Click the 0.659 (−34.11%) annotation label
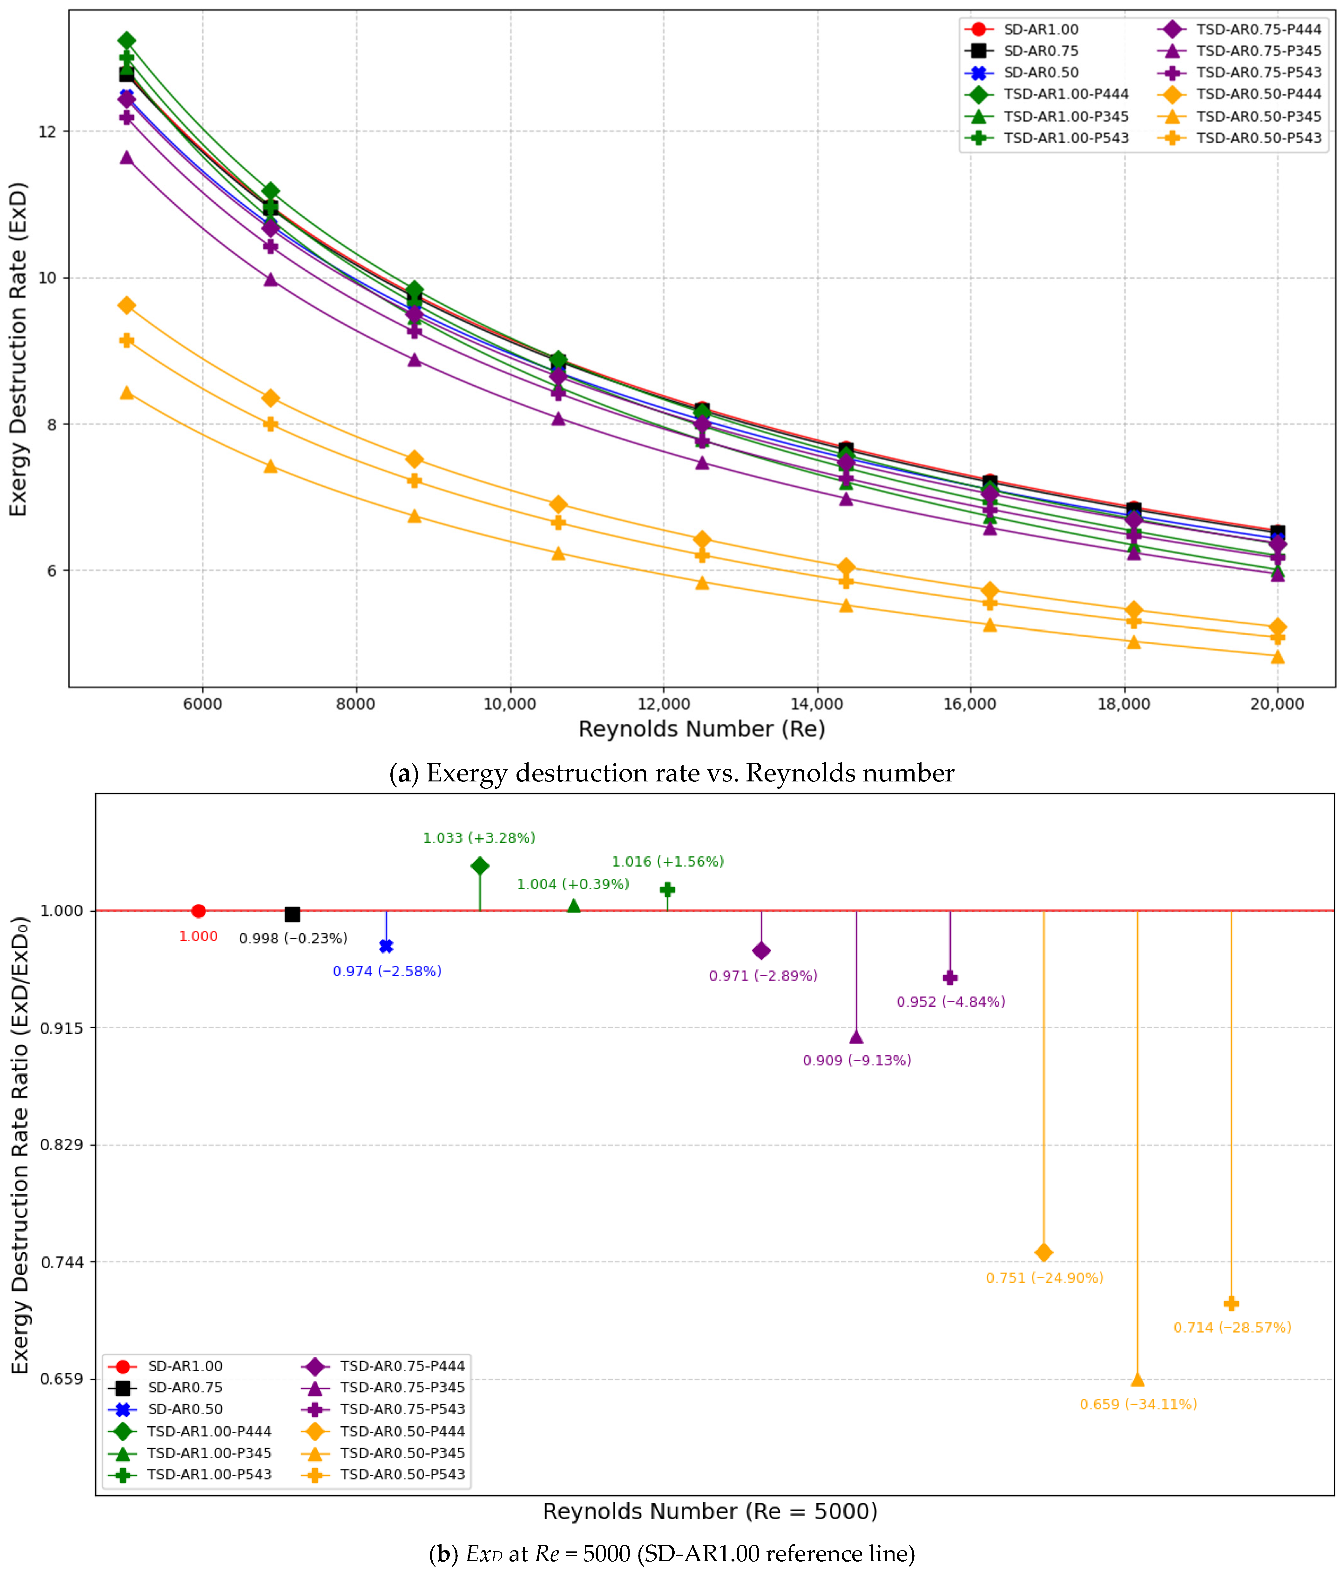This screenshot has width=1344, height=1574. (1138, 1404)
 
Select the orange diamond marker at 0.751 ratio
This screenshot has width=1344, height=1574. (1044, 1252)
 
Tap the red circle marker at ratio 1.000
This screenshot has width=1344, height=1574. (198, 911)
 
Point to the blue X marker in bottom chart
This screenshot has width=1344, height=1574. (386, 946)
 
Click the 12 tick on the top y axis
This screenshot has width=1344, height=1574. (47, 132)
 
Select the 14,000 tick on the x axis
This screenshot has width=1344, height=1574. (817, 703)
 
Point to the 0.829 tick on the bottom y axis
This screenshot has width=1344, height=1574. (62, 1145)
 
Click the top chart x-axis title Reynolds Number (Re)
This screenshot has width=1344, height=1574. (701, 729)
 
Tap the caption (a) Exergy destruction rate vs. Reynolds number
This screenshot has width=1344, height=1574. (672, 773)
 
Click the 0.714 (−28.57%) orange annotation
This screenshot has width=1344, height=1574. (1232, 1327)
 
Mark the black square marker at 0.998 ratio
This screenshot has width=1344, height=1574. (292, 914)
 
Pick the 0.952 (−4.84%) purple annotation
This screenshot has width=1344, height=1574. (950, 1001)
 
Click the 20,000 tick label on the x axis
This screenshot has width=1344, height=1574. (1277, 703)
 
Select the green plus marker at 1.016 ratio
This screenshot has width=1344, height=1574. (667, 889)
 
